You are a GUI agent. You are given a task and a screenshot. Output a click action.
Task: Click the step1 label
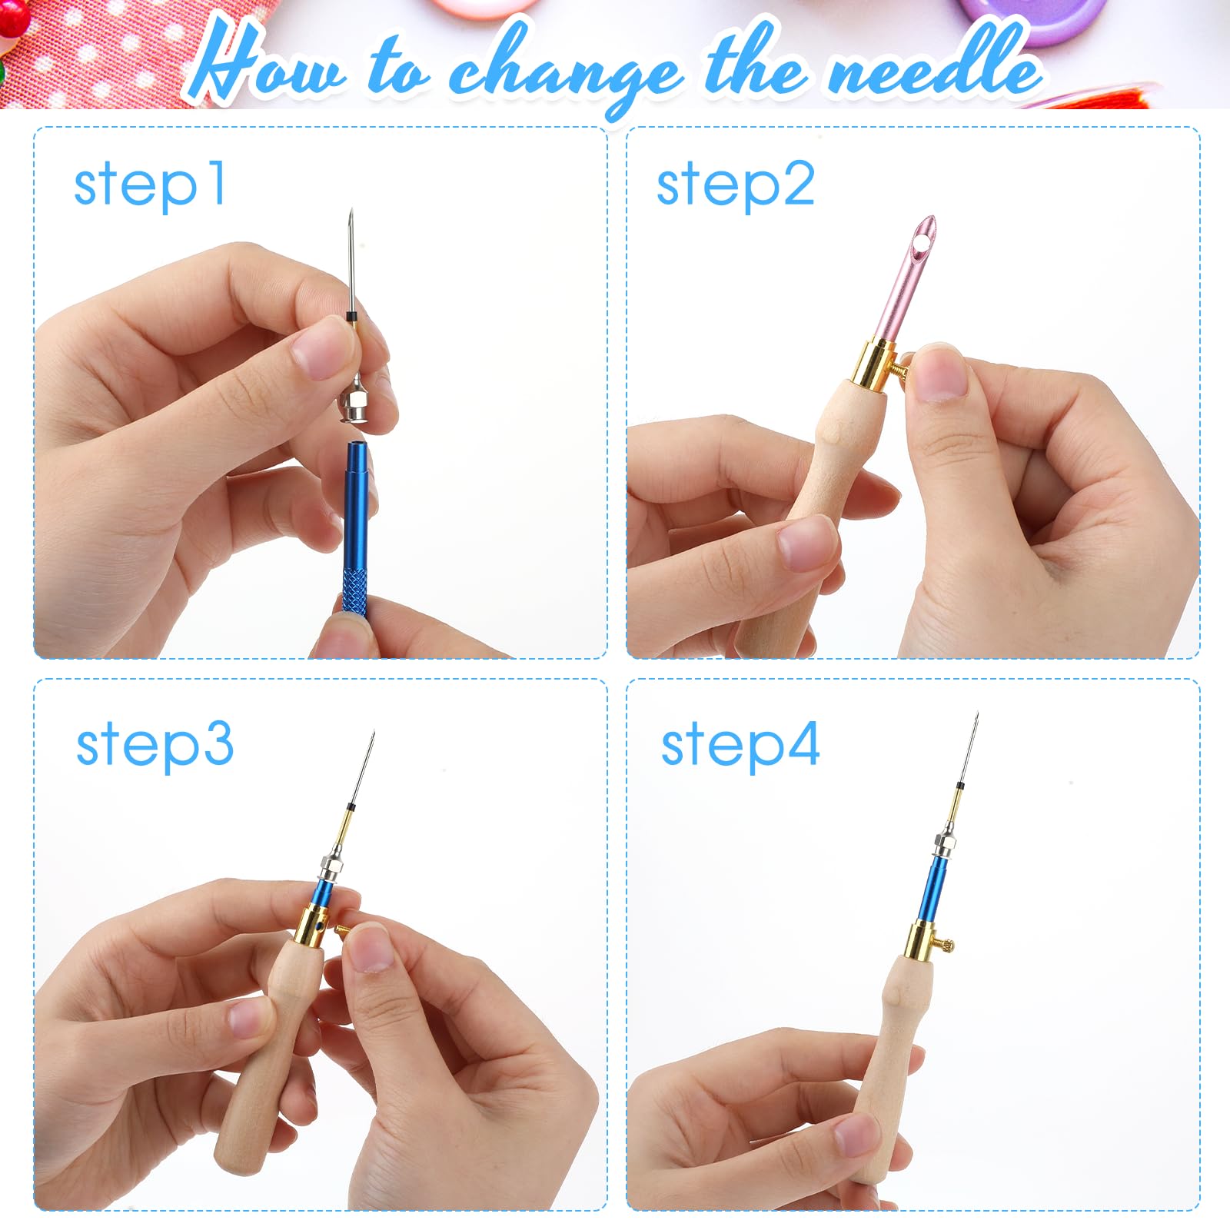coord(150,184)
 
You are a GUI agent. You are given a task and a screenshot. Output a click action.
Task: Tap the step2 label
coord(735,184)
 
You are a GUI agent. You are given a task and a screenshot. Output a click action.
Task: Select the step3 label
coord(155,744)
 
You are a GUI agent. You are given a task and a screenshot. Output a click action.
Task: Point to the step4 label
coord(740,744)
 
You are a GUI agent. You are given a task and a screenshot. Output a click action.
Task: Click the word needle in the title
coord(934,69)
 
